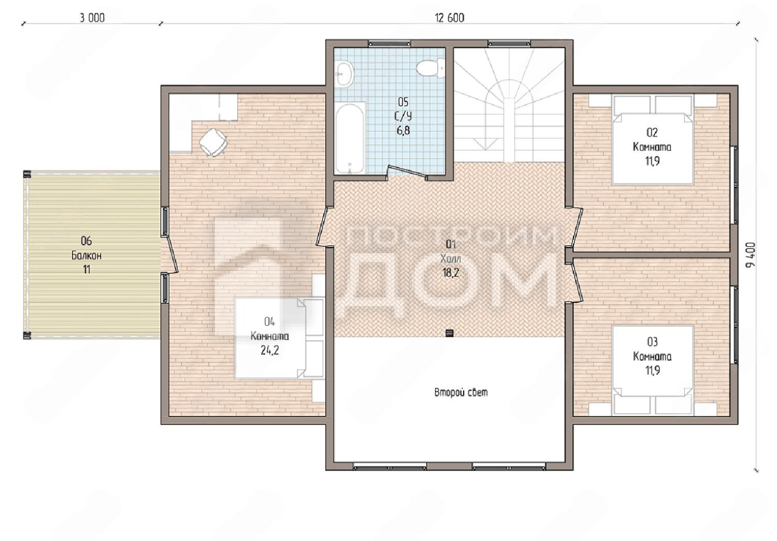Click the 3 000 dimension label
(x=92, y=18)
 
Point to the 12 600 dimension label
(x=450, y=18)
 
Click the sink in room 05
(x=345, y=73)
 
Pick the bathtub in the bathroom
(x=350, y=138)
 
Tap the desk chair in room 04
(x=213, y=142)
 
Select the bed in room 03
(x=653, y=370)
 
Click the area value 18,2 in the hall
(x=451, y=273)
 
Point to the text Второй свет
(x=461, y=392)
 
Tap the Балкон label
(x=87, y=256)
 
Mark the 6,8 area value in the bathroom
(x=403, y=131)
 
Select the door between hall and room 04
(x=322, y=227)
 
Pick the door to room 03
(x=575, y=283)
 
